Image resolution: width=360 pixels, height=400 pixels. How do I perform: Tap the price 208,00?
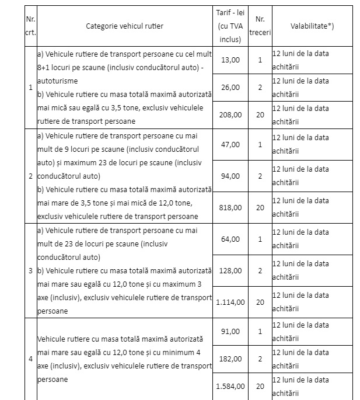coord(230,114)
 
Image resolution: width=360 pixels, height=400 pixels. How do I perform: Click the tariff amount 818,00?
coord(230,207)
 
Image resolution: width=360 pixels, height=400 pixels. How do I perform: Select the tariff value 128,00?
coord(230,271)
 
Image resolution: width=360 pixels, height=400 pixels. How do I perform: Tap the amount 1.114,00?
coord(229,302)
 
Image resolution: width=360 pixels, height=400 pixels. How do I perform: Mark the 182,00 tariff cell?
coord(230,359)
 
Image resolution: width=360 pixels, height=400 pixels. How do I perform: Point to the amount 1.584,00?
coord(229,386)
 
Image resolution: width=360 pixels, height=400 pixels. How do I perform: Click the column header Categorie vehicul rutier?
coord(125,26)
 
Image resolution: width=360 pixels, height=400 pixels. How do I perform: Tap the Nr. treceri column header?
coord(260,26)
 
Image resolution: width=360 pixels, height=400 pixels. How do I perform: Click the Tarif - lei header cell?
coord(230,26)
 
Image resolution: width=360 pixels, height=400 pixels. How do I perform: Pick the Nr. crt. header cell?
coord(30,26)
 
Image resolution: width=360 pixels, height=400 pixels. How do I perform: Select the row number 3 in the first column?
coord(30,271)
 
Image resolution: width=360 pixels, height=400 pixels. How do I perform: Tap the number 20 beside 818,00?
coord(260,207)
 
